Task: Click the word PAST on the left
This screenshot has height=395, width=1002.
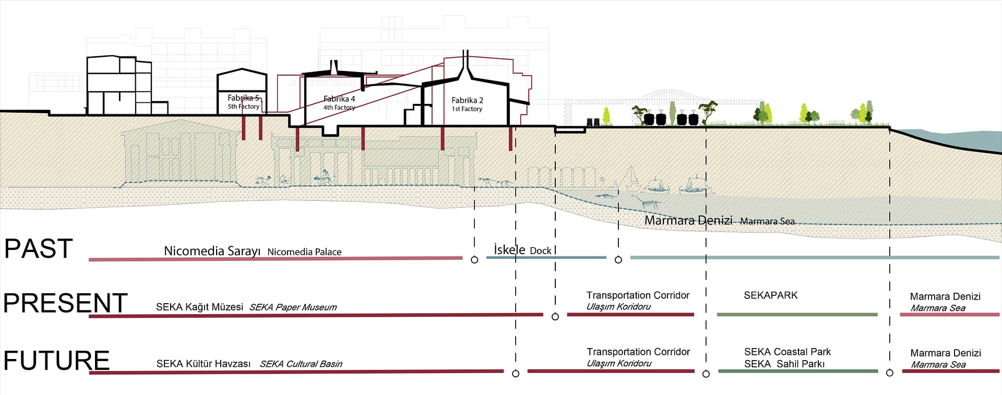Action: click(x=38, y=249)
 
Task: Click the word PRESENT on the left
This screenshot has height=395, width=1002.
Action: click(x=65, y=303)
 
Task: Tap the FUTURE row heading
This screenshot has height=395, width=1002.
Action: click(x=56, y=361)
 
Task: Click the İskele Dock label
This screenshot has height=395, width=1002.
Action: click(x=522, y=250)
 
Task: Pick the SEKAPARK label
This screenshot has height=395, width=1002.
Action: click(x=770, y=295)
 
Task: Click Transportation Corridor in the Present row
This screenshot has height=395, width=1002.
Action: click(x=638, y=296)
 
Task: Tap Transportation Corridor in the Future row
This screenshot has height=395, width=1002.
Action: click(x=638, y=352)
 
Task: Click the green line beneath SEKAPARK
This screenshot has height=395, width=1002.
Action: click(x=797, y=315)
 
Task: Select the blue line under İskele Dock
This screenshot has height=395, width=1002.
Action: click(x=546, y=257)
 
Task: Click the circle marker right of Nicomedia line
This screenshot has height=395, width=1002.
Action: click(x=474, y=259)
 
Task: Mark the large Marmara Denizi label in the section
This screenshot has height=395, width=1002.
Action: click(x=688, y=221)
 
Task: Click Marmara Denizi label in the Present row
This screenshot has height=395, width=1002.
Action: click(x=945, y=297)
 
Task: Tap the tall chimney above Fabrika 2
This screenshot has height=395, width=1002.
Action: click(x=466, y=63)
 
